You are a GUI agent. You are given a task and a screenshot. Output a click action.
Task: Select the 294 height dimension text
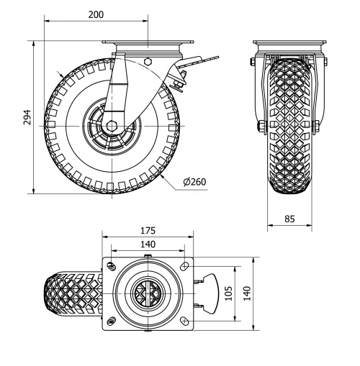[x=27, y=117]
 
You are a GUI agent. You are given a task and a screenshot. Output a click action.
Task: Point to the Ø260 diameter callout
[x=194, y=181]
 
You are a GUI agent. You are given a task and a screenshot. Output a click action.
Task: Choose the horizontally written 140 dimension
[x=148, y=245]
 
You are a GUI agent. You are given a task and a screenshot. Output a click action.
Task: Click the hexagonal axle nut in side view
[x=112, y=125]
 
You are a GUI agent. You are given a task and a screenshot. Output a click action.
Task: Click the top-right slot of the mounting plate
[x=186, y=266]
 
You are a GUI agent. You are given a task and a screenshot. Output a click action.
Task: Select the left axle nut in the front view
[x=258, y=129]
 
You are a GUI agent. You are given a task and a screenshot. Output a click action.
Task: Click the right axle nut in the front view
[x=317, y=129]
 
